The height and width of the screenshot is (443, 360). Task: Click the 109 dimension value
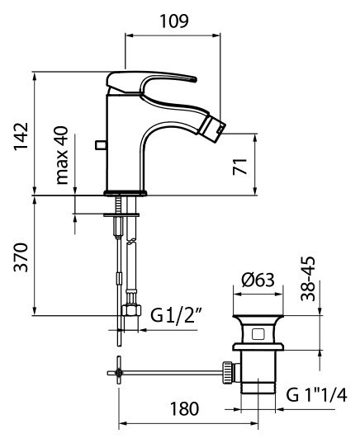[x=174, y=21]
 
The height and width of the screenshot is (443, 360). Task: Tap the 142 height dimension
[x=21, y=136]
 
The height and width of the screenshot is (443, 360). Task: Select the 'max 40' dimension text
[x=62, y=155]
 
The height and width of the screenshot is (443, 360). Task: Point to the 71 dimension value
[x=239, y=167]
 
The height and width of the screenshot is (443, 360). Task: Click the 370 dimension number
[x=21, y=257]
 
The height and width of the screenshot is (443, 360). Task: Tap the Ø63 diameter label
[x=258, y=280]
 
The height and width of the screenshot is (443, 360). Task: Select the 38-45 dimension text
[x=308, y=279]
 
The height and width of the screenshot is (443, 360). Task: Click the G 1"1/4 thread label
[x=316, y=394]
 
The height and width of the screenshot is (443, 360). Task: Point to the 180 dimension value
[x=184, y=408]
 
